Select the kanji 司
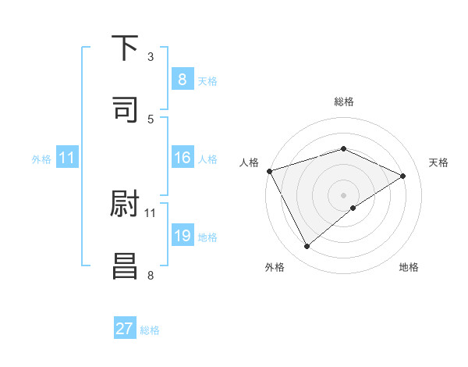(x=125, y=109)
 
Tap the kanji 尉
(x=125, y=204)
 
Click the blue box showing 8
(x=182, y=80)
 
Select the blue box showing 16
(x=182, y=159)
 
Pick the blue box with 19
(x=182, y=236)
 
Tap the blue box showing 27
(x=125, y=329)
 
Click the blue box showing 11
(x=67, y=159)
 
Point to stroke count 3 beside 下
(x=151, y=57)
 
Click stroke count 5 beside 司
(x=151, y=119)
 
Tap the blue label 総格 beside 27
(x=150, y=330)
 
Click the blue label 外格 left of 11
(x=41, y=159)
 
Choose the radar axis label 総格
(x=344, y=102)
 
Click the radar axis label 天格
(x=439, y=162)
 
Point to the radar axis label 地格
(x=409, y=268)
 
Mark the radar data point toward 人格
(x=269, y=171)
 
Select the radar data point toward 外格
(x=307, y=247)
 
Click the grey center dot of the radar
(x=344, y=194)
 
